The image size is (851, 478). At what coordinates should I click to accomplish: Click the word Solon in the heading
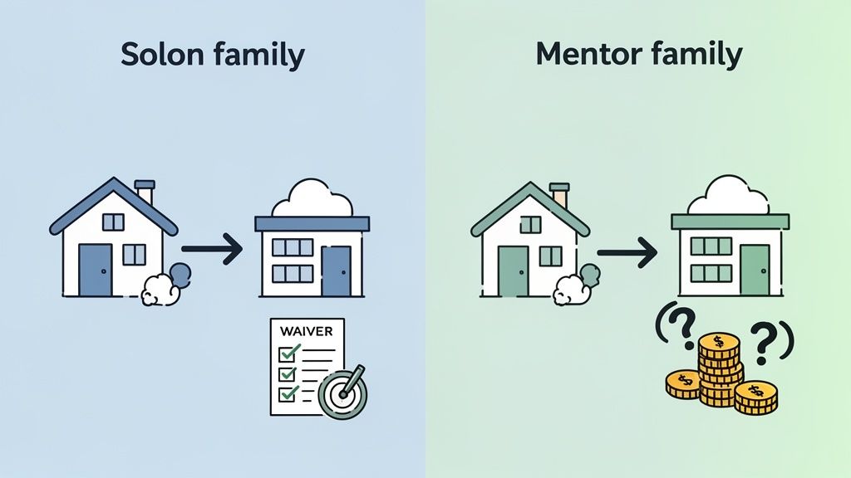162,55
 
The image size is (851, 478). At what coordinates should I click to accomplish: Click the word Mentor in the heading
588,54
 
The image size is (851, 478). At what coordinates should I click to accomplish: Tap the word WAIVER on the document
306,330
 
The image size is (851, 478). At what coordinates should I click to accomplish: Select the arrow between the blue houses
212,249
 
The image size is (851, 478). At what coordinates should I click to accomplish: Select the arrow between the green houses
627,252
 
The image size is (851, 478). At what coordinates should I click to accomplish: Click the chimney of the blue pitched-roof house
145,192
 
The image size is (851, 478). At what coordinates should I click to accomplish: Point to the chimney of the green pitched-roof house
559,194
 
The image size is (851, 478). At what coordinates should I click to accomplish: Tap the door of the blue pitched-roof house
96,270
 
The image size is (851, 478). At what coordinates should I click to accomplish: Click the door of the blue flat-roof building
337,271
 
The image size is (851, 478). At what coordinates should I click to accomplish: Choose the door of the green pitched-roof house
514,271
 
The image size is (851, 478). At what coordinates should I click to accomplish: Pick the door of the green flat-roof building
755,270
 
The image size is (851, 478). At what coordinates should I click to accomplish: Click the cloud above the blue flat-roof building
312,198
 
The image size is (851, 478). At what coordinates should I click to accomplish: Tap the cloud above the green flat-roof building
728,195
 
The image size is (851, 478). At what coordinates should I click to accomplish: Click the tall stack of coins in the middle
720,369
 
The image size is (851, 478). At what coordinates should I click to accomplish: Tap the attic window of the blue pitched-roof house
113,222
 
